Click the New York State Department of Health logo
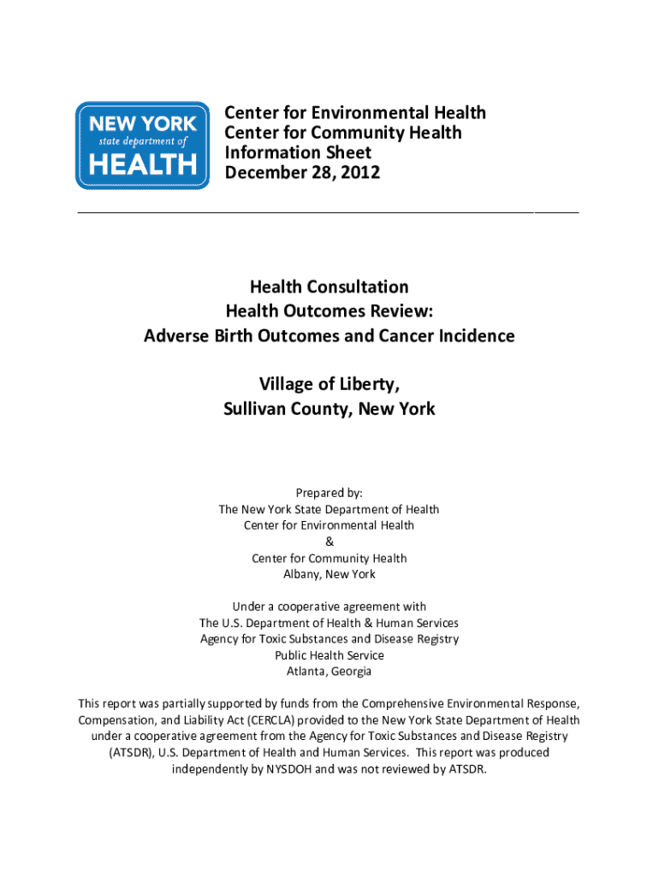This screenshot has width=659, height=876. (142, 145)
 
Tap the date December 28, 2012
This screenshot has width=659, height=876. (302, 173)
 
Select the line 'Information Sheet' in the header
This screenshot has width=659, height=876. (298, 153)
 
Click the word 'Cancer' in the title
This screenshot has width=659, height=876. (403, 336)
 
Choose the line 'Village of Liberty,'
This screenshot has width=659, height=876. (329, 385)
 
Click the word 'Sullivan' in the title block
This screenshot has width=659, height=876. (255, 410)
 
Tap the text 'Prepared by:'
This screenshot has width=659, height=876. (329, 493)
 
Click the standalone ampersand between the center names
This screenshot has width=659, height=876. (329, 542)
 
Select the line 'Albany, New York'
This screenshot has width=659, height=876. (329, 574)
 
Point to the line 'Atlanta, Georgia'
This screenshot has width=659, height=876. (329, 672)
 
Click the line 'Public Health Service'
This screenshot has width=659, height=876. (329, 655)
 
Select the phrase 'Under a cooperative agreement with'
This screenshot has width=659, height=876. (329, 607)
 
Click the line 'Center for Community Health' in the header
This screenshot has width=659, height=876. (342, 133)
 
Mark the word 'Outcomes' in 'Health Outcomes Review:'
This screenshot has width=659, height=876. (326, 311)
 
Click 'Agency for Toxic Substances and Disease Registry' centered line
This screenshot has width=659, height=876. (329, 639)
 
